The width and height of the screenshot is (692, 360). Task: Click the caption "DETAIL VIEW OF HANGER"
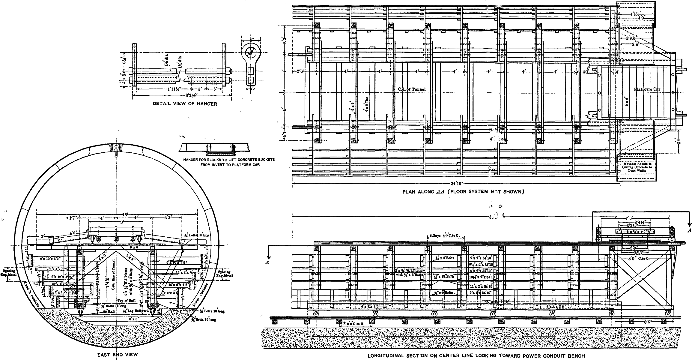(185, 104)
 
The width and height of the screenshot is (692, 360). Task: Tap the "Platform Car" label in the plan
(647, 89)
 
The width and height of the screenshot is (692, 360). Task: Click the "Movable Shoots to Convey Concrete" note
(637, 167)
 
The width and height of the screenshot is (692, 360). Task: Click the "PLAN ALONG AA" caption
(463, 191)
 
